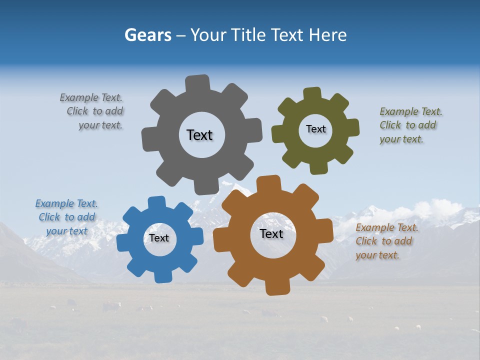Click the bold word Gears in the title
point(147,35)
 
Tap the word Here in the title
point(327,35)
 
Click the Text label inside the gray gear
point(199,135)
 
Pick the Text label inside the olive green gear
point(315,129)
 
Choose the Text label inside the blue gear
point(159,238)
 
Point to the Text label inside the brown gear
point(271,233)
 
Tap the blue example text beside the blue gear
point(67,217)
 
